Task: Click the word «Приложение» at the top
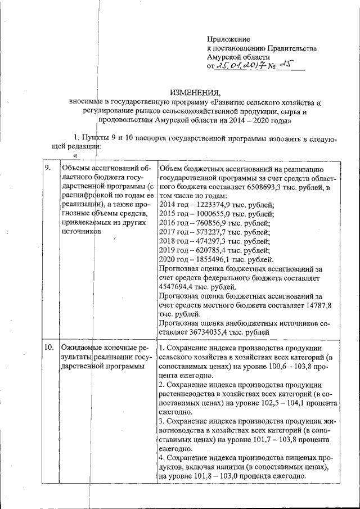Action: coord(228,39)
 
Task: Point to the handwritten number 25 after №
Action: coord(286,66)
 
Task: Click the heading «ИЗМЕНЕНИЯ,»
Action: coord(196,93)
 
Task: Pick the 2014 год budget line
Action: coord(217,205)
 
